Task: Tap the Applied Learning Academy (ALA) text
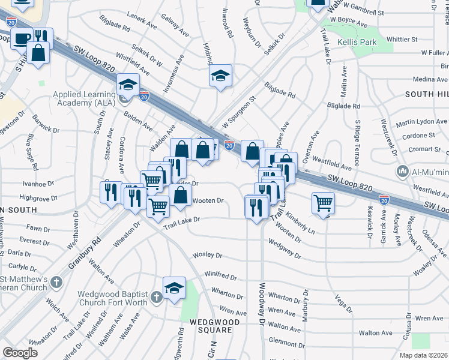[84, 98]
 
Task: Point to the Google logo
[20, 353]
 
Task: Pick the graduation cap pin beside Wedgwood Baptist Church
[174, 287]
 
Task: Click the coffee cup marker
[22, 38]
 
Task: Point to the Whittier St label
[402, 39]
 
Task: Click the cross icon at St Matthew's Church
[56, 281]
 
